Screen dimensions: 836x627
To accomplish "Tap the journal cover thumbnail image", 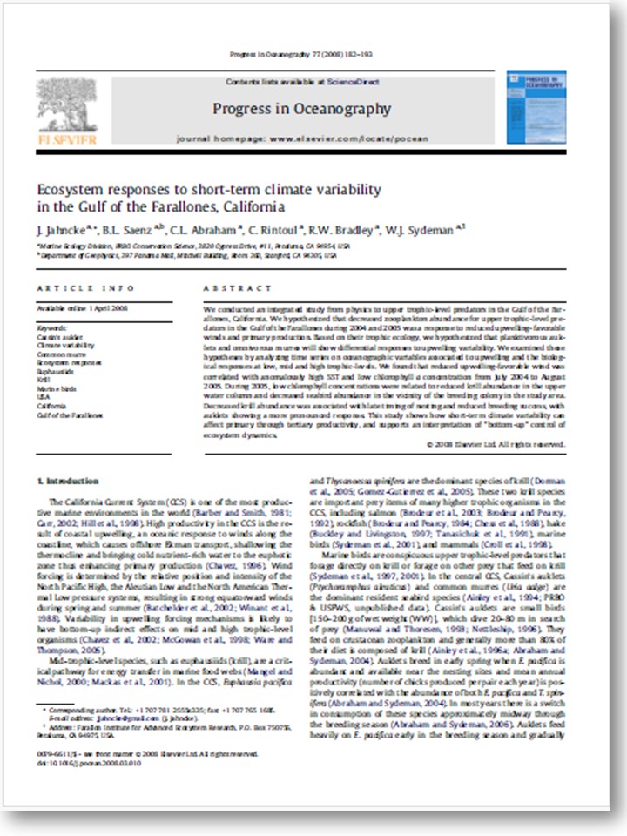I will [x=548, y=107].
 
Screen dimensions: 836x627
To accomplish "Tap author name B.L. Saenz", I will [x=121, y=230].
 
